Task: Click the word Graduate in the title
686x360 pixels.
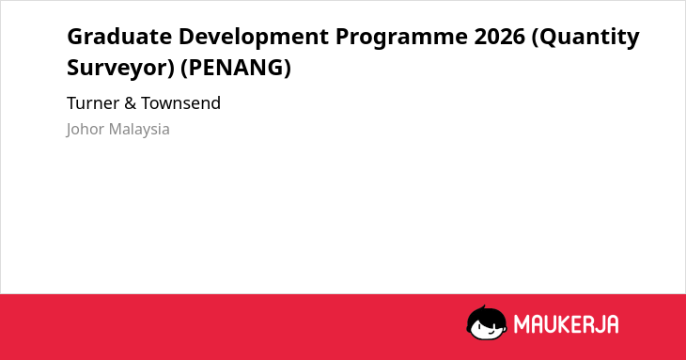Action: click(x=119, y=36)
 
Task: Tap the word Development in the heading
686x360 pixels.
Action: click(x=254, y=38)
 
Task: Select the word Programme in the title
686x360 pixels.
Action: click(x=401, y=38)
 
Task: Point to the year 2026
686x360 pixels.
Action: click(x=500, y=36)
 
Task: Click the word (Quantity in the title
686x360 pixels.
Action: click(x=585, y=38)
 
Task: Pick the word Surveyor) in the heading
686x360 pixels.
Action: click(x=120, y=68)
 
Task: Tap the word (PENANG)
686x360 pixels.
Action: click(x=236, y=68)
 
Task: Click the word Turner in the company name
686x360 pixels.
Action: click(x=93, y=103)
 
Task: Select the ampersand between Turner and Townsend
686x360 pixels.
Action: click(x=130, y=103)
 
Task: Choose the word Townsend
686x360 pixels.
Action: click(x=180, y=103)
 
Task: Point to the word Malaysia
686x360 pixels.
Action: click(x=139, y=130)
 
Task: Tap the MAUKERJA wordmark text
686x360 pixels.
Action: click(x=566, y=324)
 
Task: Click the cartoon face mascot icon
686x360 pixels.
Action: click(x=487, y=322)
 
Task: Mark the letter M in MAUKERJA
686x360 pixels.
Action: click(x=522, y=324)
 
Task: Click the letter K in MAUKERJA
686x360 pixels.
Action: click(x=562, y=324)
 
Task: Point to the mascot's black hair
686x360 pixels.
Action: click(x=486, y=314)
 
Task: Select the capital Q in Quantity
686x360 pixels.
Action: click(x=547, y=38)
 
